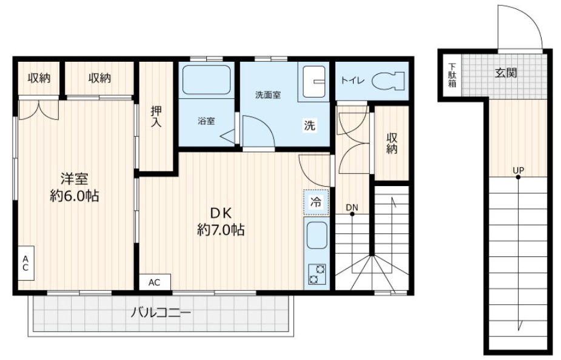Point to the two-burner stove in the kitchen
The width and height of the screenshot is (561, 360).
[316, 274]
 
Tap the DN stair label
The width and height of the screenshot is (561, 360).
[352, 208]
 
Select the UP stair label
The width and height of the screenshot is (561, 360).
[518, 170]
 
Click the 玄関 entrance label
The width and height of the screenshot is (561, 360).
[505, 73]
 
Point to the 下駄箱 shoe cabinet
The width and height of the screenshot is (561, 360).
[452, 75]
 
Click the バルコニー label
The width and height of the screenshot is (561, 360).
[161, 313]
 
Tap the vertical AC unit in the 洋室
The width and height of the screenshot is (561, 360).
[25, 264]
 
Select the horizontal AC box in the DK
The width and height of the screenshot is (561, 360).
[155, 282]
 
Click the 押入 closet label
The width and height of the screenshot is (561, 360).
[156, 116]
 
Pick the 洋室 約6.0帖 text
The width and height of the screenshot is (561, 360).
[75, 187]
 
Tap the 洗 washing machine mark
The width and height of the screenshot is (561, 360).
[309, 127]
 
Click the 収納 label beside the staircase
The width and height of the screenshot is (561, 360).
[392, 143]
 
